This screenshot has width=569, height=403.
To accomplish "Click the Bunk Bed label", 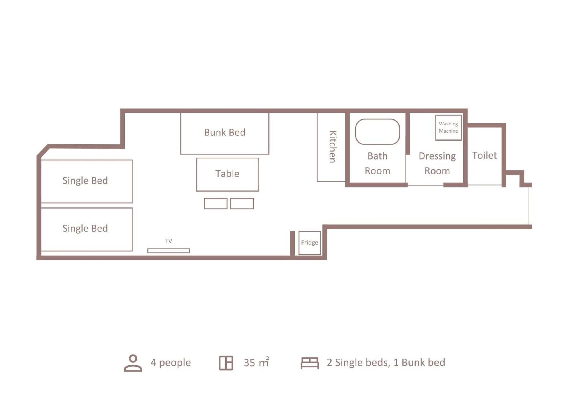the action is pos(225,132).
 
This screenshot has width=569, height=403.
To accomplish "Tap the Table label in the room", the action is pos(227,174).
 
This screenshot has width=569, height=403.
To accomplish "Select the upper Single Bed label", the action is pos(85,181).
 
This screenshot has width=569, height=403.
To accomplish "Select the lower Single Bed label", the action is pos(85,229).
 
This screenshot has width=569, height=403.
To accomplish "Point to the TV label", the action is pos(169,241).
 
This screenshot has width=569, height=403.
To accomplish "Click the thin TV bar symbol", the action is pos(169,251).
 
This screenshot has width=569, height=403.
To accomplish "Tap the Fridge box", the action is pos(310,243).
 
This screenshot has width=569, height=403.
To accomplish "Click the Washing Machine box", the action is pos(448,127).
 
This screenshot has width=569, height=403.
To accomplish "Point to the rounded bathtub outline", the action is pos(377,119).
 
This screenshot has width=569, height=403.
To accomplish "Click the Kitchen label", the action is pos(332,147).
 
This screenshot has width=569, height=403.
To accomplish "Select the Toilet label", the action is pos(484,156).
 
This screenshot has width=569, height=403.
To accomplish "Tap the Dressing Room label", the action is pos(437,164).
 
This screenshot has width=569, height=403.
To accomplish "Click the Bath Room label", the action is pos(377,164).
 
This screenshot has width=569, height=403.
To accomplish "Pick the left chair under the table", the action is pos(215,203).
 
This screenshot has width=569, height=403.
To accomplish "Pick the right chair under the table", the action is pos(242,203).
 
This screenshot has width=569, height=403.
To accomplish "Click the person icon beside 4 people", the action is pos(133,363).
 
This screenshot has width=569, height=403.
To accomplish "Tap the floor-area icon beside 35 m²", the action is pos(226,363).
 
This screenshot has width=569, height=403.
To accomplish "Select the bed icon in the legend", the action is pos(310,363).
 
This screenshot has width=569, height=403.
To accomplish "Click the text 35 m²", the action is pos(256,362).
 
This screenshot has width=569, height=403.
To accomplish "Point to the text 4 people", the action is pos(171,363).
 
